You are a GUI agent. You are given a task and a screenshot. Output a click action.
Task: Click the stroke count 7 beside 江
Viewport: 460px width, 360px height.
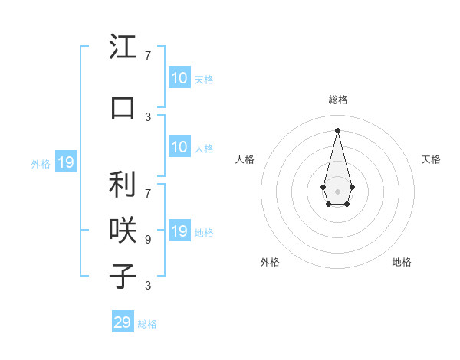(148, 56)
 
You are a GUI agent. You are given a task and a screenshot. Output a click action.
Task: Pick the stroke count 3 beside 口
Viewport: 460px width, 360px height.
(148, 116)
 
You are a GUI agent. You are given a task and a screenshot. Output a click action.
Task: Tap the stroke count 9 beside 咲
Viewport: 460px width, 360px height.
(148, 239)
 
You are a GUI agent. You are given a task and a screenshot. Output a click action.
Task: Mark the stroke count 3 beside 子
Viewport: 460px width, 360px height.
(148, 286)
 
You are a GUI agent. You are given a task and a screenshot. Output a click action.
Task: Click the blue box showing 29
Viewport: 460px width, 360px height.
(123, 322)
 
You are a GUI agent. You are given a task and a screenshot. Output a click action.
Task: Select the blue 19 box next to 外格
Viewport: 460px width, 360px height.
(66, 162)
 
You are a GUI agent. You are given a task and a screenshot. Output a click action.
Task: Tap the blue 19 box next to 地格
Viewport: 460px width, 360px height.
(179, 231)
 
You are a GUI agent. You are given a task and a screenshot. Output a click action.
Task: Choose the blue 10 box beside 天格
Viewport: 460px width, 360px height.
(179, 78)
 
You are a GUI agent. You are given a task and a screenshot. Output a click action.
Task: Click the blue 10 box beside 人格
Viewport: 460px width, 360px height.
(179, 147)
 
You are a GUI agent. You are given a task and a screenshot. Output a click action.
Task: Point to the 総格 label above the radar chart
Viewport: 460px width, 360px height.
(338, 100)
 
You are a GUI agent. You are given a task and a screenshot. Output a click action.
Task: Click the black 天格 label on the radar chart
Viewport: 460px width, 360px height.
(431, 159)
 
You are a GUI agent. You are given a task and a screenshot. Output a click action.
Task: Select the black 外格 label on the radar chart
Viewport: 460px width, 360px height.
(270, 262)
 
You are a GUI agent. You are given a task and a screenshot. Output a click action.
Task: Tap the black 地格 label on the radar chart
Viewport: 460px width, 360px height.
(402, 262)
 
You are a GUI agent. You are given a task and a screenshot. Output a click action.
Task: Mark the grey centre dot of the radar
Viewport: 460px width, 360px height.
(338, 191)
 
